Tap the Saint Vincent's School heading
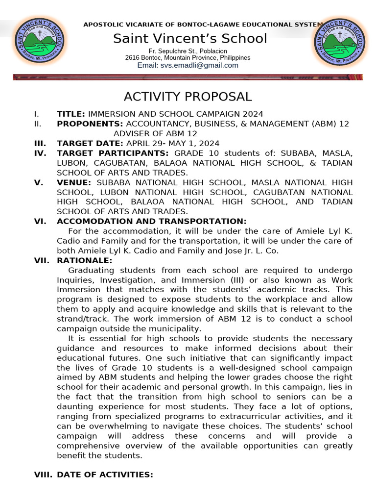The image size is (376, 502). click(x=190, y=38)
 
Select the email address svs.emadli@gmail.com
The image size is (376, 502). click(x=188, y=65)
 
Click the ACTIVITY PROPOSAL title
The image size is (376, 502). click(x=188, y=97)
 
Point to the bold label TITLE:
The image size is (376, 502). click(x=71, y=114)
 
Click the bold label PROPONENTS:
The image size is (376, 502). click(x=90, y=124)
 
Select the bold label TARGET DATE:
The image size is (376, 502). click(x=90, y=143)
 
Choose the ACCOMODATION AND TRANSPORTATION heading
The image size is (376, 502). click(x=152, y=221)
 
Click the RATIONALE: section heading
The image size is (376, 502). click(x=85, y=260)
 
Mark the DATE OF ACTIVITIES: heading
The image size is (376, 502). click(x=105, y=475)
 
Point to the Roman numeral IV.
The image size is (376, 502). click(x=40, y=153)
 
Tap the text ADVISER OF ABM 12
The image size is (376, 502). click(x=155, y=133)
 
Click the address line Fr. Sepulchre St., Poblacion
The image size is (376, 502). click(x=188, y=51)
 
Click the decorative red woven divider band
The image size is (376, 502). click(x=188, y=77)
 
